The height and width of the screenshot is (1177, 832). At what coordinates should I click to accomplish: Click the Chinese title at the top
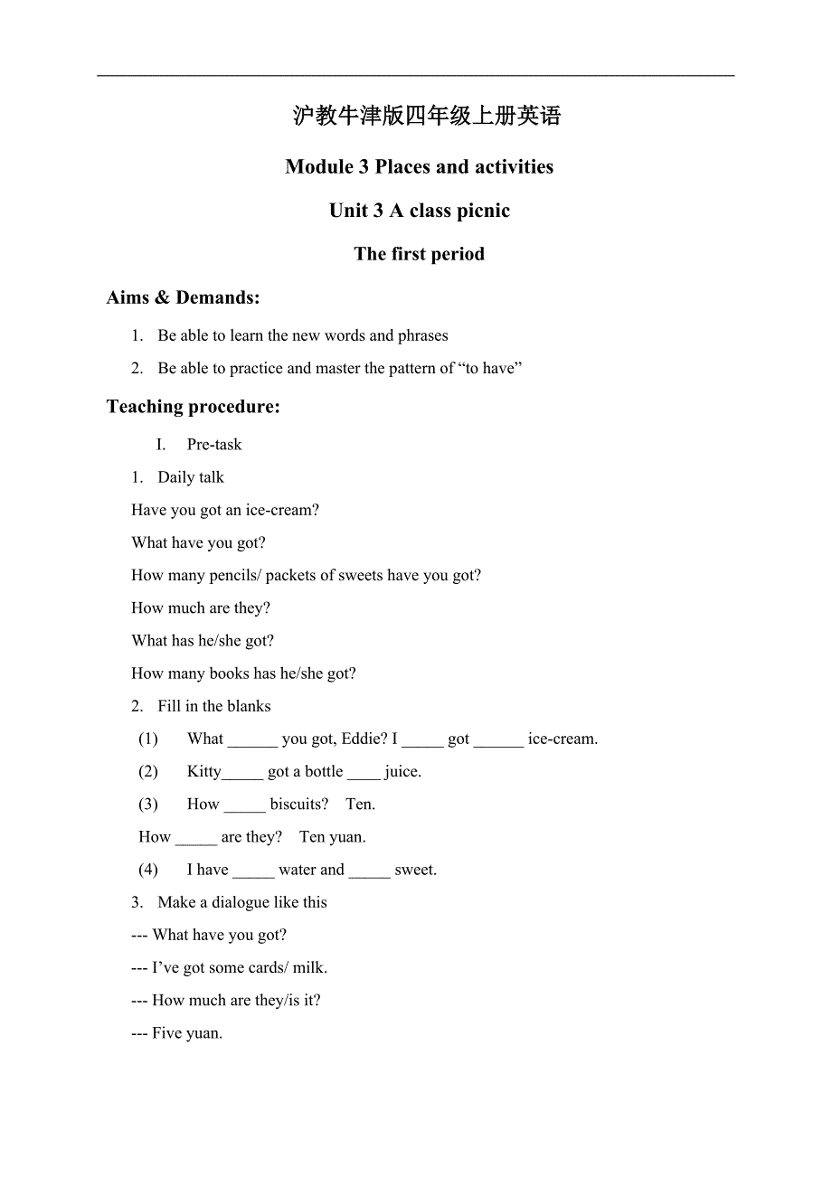(427, 116)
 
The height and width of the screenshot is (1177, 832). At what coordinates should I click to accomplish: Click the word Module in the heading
(319, 166)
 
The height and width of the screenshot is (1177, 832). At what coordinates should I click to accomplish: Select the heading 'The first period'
(419, 254)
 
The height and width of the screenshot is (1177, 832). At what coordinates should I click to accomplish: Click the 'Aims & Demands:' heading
(183, 297)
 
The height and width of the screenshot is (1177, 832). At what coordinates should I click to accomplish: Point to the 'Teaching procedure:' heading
(193, 407)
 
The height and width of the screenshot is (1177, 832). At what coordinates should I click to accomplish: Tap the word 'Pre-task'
(214, 445)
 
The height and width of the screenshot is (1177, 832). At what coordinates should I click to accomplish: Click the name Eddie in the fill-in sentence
(364, 739)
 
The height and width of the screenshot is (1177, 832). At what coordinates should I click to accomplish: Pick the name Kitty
(203, 771)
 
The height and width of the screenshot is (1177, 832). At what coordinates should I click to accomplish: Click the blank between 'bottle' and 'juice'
(364, 773)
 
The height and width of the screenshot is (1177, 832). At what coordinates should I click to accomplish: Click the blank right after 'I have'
(253, 871)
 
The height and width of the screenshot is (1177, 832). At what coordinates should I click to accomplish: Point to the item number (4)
(148, 870)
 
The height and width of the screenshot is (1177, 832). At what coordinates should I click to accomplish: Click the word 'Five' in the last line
(166, 1032)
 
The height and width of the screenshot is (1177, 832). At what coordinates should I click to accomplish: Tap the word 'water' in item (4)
(297, 870)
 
